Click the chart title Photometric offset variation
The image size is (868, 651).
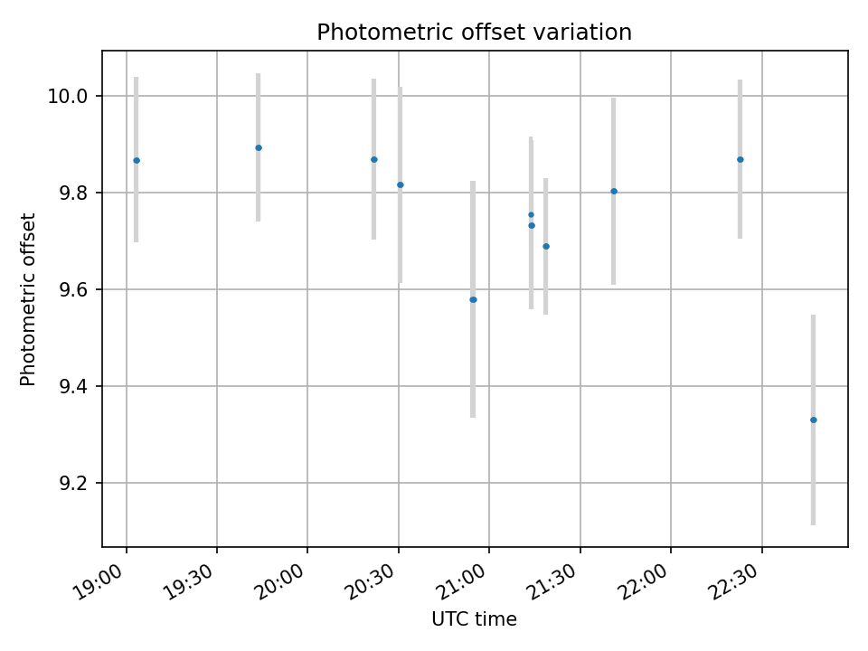(474, 33)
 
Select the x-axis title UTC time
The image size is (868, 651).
(474, 619)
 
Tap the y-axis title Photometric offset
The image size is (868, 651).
(28, 299)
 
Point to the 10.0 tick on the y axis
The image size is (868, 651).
(67, 97)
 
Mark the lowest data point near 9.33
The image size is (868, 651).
(814, 420)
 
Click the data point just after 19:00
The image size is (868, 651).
(137, 160)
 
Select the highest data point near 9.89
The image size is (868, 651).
(259, 147)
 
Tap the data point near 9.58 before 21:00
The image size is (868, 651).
(473, 299)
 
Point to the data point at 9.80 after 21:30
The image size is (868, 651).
(614, 191)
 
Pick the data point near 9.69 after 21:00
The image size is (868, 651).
(546, 246)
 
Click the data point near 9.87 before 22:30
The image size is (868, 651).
(741, 159)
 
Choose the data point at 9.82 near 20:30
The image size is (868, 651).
(401, 184)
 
